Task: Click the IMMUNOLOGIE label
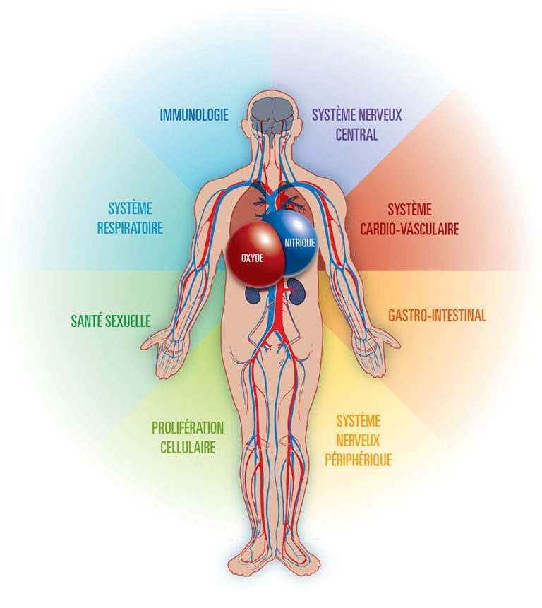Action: [193, 115]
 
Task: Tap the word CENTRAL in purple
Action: [356, 135]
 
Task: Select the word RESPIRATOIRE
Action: [130, 227]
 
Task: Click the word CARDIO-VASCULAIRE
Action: [409, 229]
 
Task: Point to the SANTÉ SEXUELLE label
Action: [111, 321]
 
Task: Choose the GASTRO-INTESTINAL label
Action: [437, 316]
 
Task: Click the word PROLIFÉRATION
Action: [188, 428]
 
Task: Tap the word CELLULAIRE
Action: [188, 447]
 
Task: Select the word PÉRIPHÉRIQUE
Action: [359, 460]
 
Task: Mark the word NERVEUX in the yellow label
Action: [358, 440]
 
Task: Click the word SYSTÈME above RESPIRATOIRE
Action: [130, 208]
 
